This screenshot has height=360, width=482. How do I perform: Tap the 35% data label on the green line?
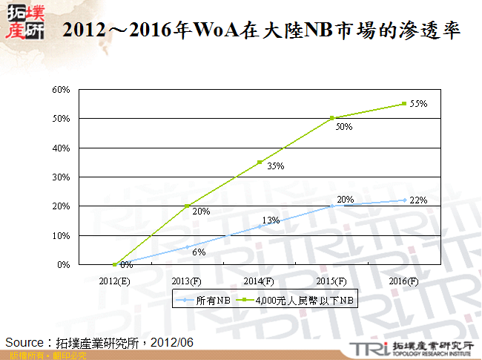coord(275,166)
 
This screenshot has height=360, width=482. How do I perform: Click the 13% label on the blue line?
coord(271,220)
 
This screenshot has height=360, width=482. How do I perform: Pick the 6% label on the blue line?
coord(199,252)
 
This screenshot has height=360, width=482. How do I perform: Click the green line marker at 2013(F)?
coord(188,206)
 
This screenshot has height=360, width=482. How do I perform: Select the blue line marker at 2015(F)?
coord(332,206)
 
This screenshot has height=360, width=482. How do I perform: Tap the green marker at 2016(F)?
coord(404,104)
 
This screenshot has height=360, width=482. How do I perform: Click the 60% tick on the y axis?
coord(61,90)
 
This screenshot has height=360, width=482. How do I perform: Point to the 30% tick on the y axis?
coord(61,177)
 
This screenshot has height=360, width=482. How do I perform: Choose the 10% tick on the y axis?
coord(61,235)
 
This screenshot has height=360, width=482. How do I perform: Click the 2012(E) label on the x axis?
coord(115,281)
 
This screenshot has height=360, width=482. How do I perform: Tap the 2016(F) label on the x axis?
coord(404,281)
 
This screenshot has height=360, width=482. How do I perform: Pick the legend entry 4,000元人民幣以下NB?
coord(305,301)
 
